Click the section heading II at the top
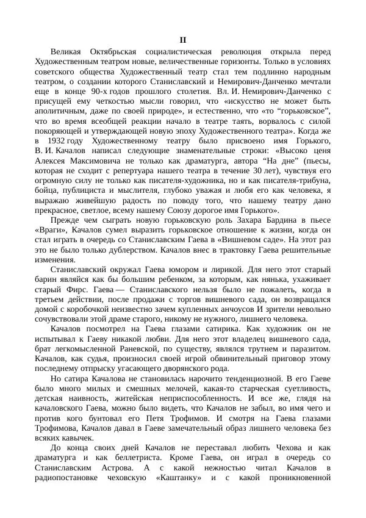tap(182, 40)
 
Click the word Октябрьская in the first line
tap(116, 52)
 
